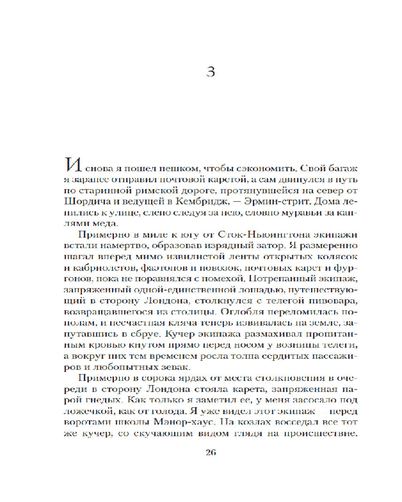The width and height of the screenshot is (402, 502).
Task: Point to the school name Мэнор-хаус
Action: click(x=195, y=426)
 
